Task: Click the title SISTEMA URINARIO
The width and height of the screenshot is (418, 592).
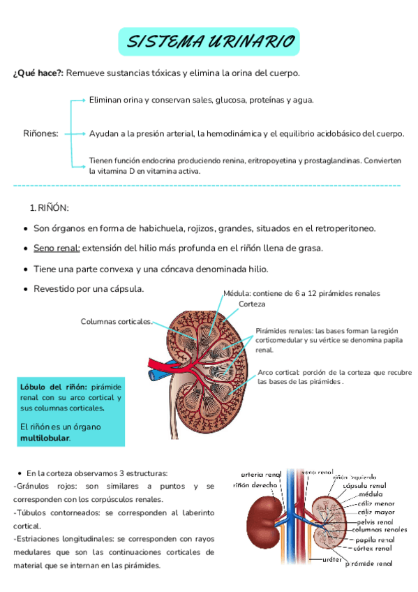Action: point(209,43)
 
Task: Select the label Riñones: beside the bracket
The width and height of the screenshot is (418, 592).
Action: point(40,133)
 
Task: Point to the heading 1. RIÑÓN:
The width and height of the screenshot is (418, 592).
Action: point(49,208)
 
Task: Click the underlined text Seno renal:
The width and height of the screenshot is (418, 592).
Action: point(57,249)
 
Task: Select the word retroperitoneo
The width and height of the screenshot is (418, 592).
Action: point(341,228)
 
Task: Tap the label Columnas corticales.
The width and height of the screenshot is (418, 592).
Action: point(117,321)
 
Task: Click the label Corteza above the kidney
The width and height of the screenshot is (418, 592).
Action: point(252,304)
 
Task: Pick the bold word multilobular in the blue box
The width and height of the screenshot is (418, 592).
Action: point(45,438)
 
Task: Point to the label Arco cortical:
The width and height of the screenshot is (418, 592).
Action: point(278,373)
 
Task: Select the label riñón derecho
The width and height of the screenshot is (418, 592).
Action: point(254,483)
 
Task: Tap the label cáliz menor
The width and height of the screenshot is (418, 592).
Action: point(375,503)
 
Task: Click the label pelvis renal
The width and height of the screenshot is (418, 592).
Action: point(374,521)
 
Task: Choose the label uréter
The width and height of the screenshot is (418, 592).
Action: point(331,559)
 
